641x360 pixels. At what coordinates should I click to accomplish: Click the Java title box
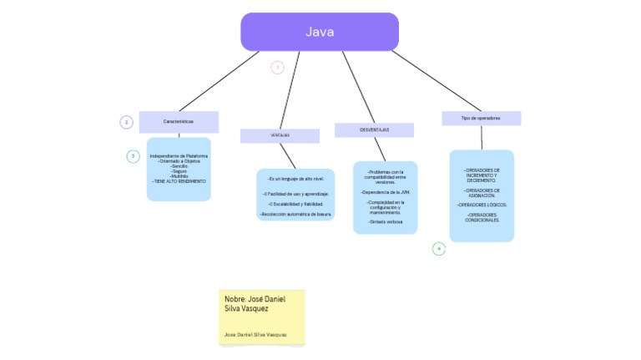click(x=320, y=32)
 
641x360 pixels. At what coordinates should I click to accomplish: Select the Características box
click(x=179, y=122)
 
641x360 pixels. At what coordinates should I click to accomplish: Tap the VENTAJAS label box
click(x=280, y=135)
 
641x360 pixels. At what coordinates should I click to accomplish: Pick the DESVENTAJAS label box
click(x=374, y=129)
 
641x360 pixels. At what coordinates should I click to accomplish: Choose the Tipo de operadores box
click(x=481, y=119)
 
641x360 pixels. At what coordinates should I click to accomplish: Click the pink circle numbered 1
click(x=277, y=68)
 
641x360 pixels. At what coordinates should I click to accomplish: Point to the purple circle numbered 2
click(x=126, y=122)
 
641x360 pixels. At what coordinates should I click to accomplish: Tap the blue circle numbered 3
click(x=133, y=156)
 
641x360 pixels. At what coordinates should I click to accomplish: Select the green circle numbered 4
click(x=439, y=248)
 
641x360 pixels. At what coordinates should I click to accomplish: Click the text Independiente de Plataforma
click(x=179, y=156)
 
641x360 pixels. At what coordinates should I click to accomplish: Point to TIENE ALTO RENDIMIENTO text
click(x=179, y=181)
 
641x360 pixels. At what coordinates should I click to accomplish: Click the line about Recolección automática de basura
click(x=295, y=215)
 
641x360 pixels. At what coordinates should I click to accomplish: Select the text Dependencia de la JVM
click(x=385, y=192)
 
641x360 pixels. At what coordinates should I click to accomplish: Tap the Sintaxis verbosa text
click(x=385, y=222)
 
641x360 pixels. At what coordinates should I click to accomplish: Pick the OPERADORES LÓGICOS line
click(x=482, y=205)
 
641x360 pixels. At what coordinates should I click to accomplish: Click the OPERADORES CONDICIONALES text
click(x=482, y=217)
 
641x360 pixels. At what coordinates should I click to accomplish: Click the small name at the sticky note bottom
click(x=255, y=334)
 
